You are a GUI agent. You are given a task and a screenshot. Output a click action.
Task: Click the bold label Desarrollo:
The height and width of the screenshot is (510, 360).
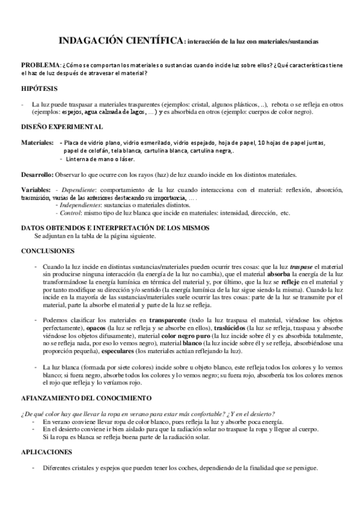tap(37, 175)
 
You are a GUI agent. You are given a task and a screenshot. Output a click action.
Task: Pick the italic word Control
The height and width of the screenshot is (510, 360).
tap(70, 213)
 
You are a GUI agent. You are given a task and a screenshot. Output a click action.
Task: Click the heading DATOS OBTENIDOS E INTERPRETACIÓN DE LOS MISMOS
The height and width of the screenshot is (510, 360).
tap(115, 228)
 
